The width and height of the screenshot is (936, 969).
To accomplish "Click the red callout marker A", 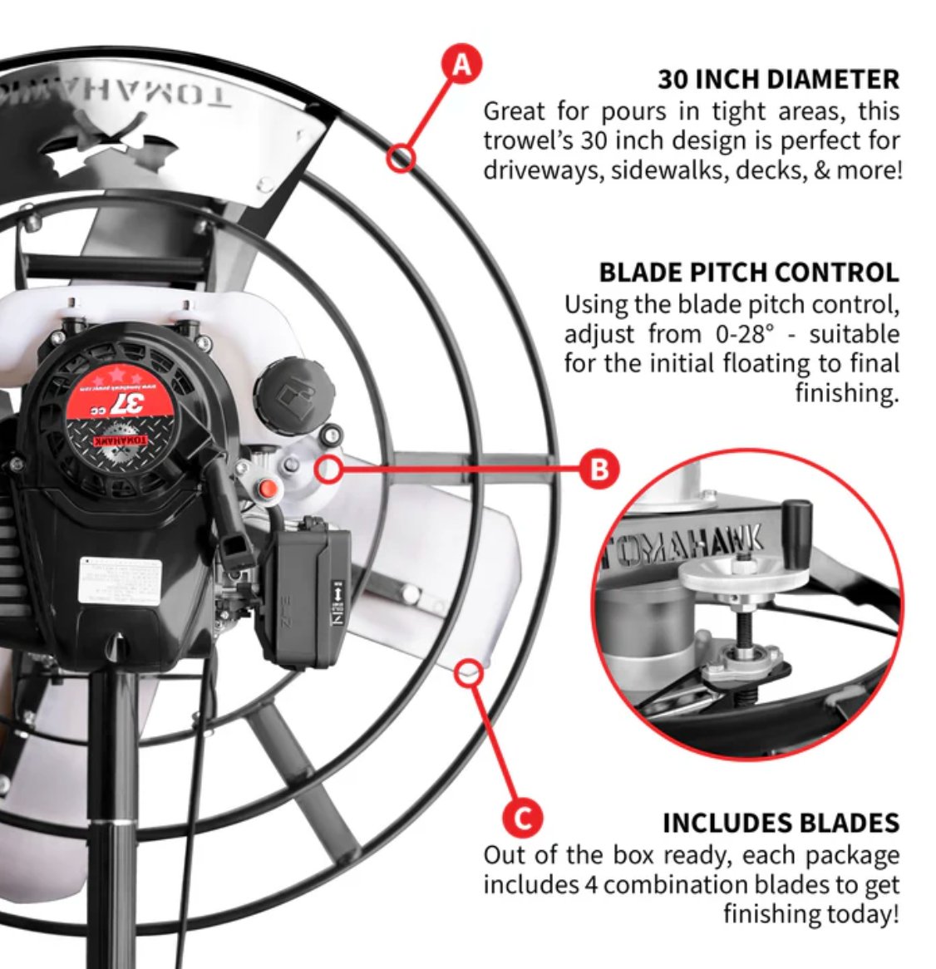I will (x=461, y=64).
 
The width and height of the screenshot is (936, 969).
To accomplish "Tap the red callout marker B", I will (x=599, y=469).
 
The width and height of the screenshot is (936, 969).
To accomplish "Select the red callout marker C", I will (x=523, y=819).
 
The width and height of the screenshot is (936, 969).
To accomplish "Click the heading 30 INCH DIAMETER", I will (x=778, y=80).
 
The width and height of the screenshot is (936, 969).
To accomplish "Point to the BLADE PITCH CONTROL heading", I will (x=749, y=273).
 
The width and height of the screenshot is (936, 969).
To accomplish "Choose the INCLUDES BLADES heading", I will (x=781, y=823).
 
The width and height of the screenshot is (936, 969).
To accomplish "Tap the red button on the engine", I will (x=268, y=489).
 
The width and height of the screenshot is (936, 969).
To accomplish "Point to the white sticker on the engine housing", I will (x=120, y=581).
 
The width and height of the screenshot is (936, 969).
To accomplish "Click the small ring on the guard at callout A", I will (x=401, y=156).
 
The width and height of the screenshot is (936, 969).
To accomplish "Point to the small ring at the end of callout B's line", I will (x=329, y=469).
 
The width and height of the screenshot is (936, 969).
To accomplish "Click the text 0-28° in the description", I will (x=744, y=334).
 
